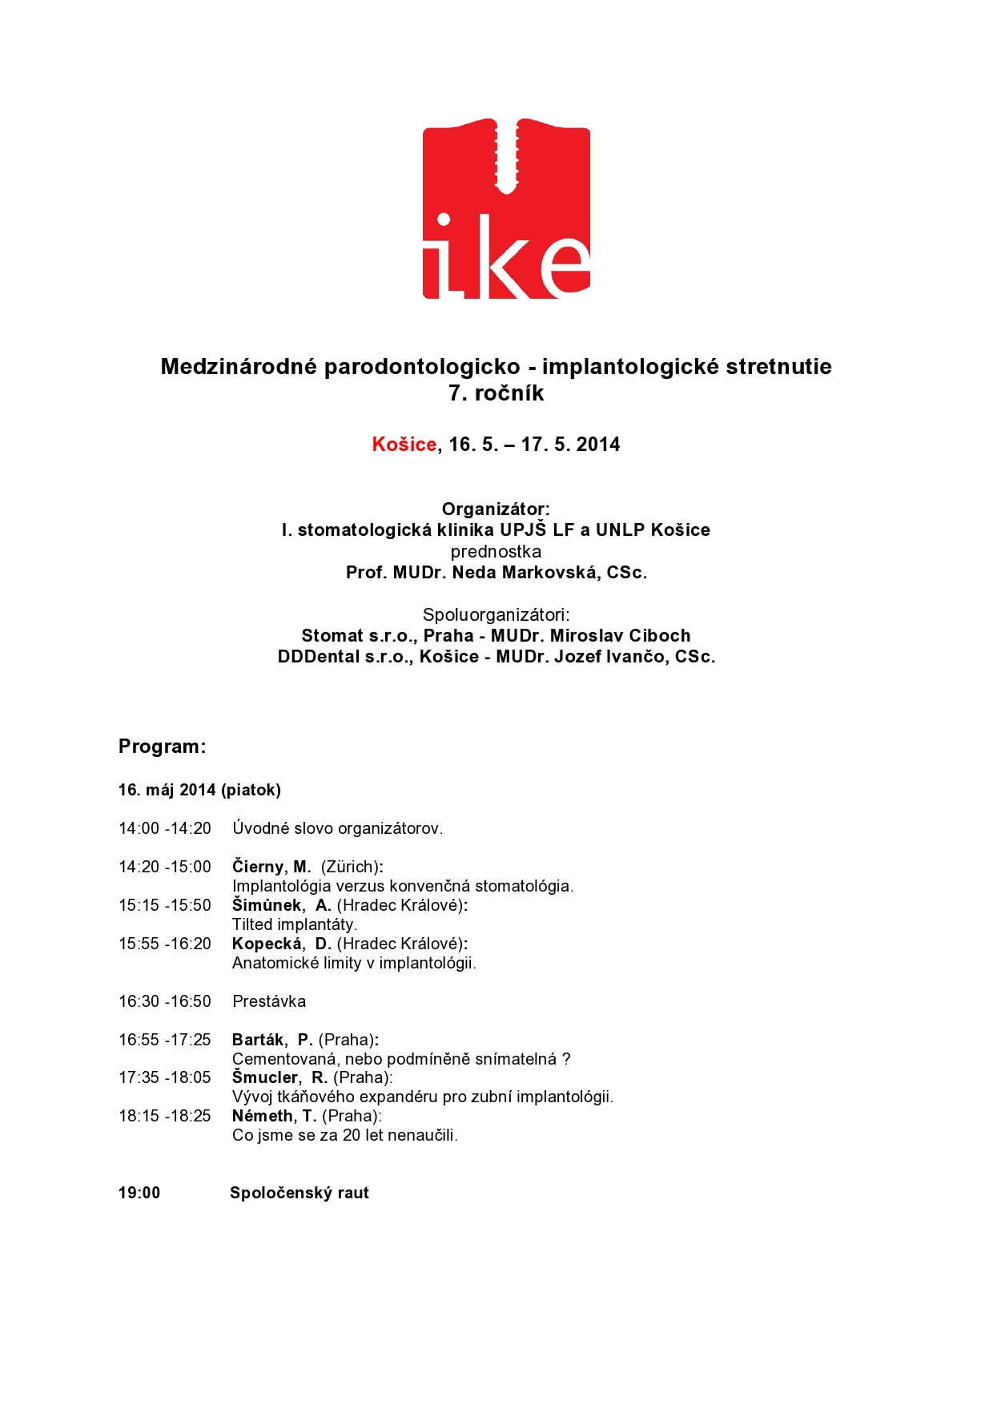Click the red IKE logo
pyautogui.click(x=506, y=210)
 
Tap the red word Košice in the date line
pyautogui.click(x=404, y=445)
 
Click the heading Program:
pyautogui.click(x=162, y=747)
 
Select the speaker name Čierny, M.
pyautogui.click(x=271, y=867)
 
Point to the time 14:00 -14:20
pyautogui.click(x=165, y=828)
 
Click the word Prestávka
pyautogui.click(x=269, y=1001)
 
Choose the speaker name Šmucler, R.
pyautogui.click(x=279, y=1077)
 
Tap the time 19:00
pyautogui.click(x=139, y=1193)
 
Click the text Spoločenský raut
pyautogui.click(x=300, y=1193)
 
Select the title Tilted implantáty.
pyautogui.click(x=295, y=924)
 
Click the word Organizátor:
pyautogui.click(x=496, y=509)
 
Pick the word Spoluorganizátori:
pyautogui.click(x=496, y=614)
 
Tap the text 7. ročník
pyautogui.click(x=496, y=393)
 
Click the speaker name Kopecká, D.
pyautogui.click(x=281, y=944)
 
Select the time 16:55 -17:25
pyautogui.click(x=165, y=1040)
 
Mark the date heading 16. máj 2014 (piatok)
pyautogui.click(x=199, y=790)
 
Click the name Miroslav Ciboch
pyautogui.click(x=620, y=636)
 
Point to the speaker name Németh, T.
pyautogui.click(x=274, y=1116)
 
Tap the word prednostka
pyautogui.click(x=496, y=552)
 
